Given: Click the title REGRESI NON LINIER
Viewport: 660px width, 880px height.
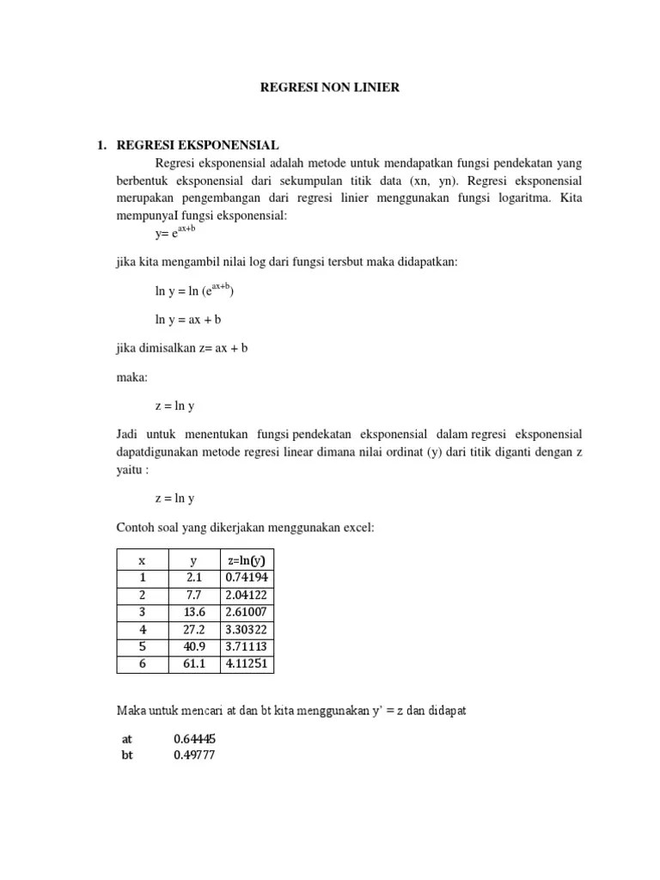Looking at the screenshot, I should pos(330,88).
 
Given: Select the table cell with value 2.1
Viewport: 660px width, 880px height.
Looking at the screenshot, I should pos(193,577).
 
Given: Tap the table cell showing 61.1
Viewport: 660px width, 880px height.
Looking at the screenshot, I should pos(193,663).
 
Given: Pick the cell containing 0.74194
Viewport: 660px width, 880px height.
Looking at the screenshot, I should pos(247,577).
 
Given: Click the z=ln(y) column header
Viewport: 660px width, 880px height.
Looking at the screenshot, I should pos(247,560).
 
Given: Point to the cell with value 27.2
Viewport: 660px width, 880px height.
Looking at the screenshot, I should pos(193,629).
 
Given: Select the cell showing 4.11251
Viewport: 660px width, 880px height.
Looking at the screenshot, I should pos(247,663).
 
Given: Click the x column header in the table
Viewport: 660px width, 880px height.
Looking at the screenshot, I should pos(142,560).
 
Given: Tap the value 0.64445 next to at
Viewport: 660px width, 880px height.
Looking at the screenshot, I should pos(194,738).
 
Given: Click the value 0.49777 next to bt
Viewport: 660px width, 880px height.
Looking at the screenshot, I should pos(194,755).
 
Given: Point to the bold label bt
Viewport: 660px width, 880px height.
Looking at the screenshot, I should pos(128,755).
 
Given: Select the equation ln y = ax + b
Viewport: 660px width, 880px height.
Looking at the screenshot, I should pos(188,319).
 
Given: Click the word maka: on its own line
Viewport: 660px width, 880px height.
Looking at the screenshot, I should pos(129,377).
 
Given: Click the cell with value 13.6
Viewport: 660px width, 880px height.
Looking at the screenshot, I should pos(193,612).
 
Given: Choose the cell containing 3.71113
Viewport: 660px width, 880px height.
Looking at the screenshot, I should pos(247,646).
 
